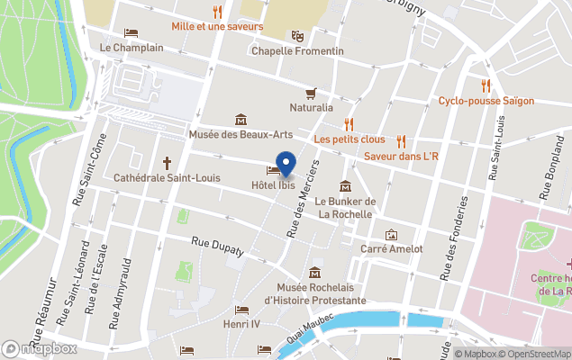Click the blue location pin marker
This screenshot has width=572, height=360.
pyautogui.click(x=286, y=165)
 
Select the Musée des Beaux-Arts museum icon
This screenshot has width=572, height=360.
pyautogui.click(x=241, y=120)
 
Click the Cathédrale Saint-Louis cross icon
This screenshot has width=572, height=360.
pyautogui.click(x=167, y=163)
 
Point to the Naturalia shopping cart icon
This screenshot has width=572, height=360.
pyautogui.click(x=311, y=93)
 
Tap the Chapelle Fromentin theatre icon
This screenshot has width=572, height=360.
pyautogui.click(x=296, y=36)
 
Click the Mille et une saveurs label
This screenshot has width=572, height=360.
pyautogui.click(x=217, y=26)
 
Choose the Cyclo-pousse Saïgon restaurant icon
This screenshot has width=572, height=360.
pyautogui.click(x=486, y=85)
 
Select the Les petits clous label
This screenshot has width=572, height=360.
pyautogui.click(x=349, y=139)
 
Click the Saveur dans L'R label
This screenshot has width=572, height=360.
pyautogui.click(x=401, y=157)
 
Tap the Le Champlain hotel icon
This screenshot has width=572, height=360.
pyautogui.click(x=132, y=33)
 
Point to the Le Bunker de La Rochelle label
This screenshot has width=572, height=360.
pyautogui.click(x=345, y=208)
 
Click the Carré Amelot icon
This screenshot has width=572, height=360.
pyautogui.click(x=391, y=234)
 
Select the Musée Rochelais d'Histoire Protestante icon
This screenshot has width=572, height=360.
pyautogui.click(x=314, y=273)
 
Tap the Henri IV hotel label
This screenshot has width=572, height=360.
pyautogui.click(x=241, y=322)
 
